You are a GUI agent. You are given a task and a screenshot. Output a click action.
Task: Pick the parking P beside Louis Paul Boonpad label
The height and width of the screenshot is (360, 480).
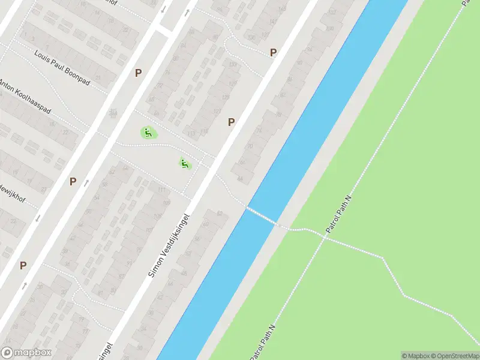pyautogui.click(x=138, y=73)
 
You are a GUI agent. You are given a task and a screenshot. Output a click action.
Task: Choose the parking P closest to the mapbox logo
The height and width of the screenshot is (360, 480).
pyautogui.click(x=23, y=265)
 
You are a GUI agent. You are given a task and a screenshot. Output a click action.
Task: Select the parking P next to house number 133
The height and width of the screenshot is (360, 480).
pyautogui.click(x=273, y=52)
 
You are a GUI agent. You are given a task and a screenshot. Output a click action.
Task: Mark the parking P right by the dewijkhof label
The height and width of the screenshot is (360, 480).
pyautogui.click(x=73, y=181)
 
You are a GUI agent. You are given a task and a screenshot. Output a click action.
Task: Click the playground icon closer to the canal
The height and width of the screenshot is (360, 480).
pyautogui.click(x=185, y=163)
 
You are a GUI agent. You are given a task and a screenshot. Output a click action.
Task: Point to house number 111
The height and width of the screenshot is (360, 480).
pyautogui.click(x=161, y=190)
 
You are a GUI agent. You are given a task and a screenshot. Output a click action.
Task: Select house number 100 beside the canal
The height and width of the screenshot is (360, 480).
pyautogui.click(x=329, y=28)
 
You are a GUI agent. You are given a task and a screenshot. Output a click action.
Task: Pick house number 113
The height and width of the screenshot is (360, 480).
pyautogui.click(x=191, y=133)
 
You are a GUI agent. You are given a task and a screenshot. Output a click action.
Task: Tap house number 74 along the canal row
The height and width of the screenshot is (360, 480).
pyautogui.click(x=259, y=130)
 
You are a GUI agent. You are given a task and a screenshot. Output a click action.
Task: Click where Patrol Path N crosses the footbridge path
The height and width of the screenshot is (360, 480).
pyautogui.click(x=325, y=236)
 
